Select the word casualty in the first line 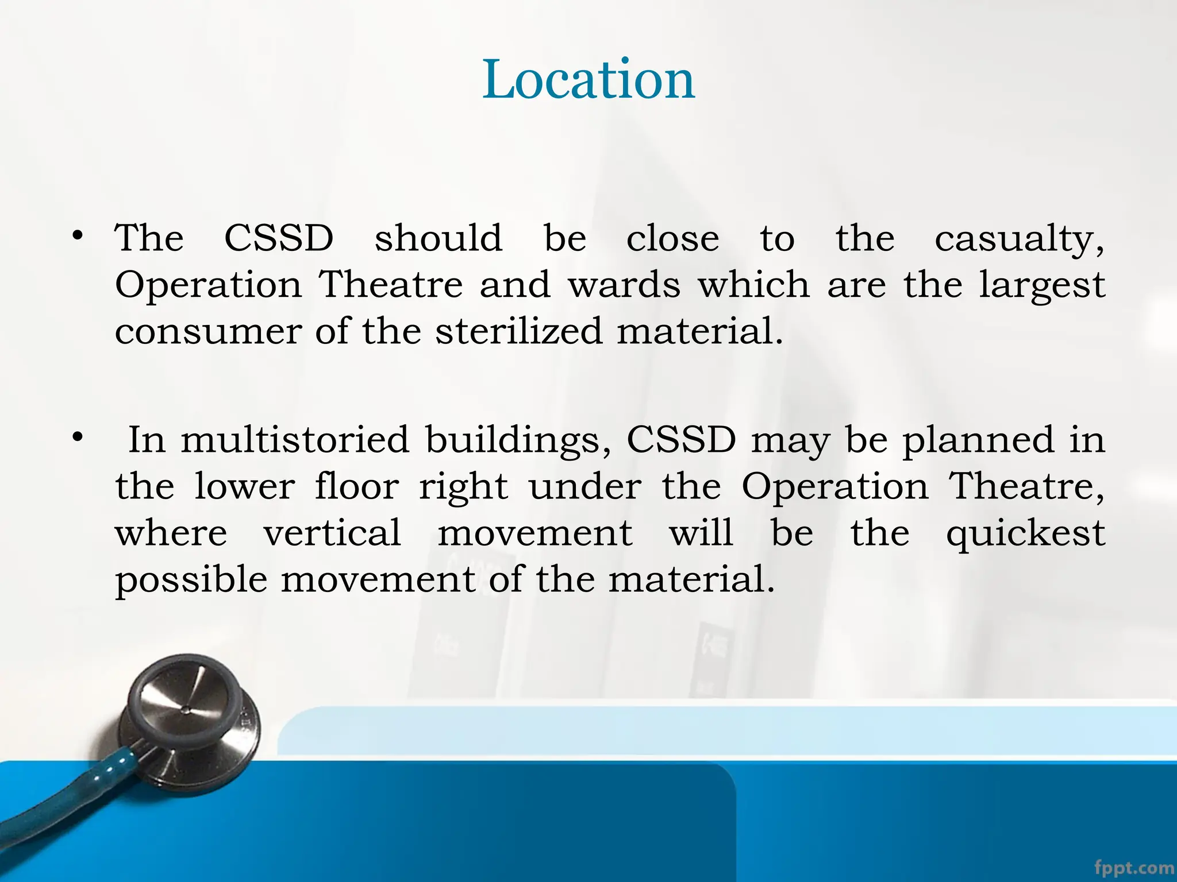[1018, 239]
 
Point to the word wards [624, 285]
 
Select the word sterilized [519, 331]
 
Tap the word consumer [208, 332]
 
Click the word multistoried [295, 440]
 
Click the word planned [978, 441]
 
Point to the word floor [356, 486]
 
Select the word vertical [332, 533]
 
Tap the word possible [191, 580]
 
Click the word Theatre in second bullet [1025, 486]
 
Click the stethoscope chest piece [190, 718]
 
